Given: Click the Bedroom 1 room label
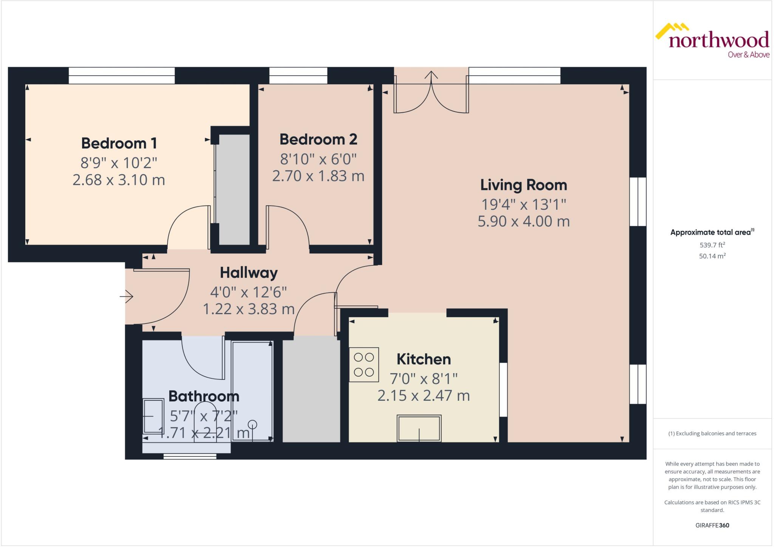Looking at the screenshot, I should (x=119, y=143).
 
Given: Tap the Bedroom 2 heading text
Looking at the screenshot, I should (x=318, y=139).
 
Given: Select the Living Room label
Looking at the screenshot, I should (x=523, y=185).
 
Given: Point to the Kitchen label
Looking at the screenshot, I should (x=424, y=359).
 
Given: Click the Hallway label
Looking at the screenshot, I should (x=249, y=273).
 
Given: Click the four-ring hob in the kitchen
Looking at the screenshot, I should (x=364, y=364).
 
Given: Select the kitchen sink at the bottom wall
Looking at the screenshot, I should (x=419, y=428).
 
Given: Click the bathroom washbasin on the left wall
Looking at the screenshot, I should (x=153, y=416).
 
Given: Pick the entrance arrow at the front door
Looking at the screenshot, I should (x=127, y=296).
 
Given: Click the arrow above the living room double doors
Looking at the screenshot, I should (x=431, y=75).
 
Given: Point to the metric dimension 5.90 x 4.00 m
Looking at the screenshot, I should (x=523, y=222).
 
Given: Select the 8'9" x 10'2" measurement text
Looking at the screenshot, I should (x=119, y=163).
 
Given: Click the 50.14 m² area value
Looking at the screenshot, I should (x=712, y=256).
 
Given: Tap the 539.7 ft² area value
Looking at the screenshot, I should (x=712, y=245).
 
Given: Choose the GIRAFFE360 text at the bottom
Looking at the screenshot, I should (x=712, y=525).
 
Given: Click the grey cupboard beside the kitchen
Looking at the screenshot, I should (x=311, y=389).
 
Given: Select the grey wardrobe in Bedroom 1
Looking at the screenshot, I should (x=234, y=189).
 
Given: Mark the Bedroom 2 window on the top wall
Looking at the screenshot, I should (x=298, y=76).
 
